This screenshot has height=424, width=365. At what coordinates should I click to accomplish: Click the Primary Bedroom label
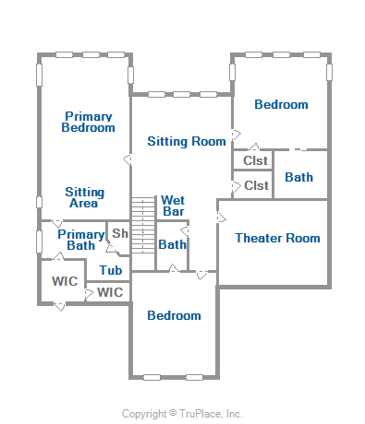tap(88, 122)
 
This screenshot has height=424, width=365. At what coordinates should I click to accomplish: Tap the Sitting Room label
tap(187, 141)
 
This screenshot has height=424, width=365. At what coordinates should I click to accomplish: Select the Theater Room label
tap(277, 238)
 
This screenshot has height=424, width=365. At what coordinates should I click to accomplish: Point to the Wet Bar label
tap(173, 206)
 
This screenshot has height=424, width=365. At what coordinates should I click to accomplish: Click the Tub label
tap(111, 270)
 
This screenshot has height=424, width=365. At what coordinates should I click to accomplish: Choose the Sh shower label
tap(120, 233)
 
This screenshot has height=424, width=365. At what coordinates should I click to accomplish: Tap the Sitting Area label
tap(84, 197)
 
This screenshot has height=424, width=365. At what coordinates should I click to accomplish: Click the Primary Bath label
tap(81, 240)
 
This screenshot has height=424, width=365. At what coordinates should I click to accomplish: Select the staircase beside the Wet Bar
tap(143, 225)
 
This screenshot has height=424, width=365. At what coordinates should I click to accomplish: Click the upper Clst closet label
tap(255, 160)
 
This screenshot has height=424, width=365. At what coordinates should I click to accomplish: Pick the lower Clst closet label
tap(256, 185)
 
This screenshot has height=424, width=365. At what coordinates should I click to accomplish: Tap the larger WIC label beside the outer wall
tap(65, 281)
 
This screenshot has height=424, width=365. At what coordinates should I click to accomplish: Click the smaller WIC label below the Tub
tap(110, 292)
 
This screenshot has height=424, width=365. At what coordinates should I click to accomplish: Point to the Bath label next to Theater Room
tap(298, 177)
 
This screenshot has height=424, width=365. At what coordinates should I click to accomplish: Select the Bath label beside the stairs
tap(172, 244)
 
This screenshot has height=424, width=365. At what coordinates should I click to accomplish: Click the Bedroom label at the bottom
tap(174, 315)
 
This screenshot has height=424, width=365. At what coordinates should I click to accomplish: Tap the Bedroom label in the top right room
tap(281, 104)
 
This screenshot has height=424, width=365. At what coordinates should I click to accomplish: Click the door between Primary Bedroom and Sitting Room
tap(128, 160)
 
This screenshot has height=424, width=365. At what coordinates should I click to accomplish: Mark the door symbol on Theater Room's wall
tap(221, 218)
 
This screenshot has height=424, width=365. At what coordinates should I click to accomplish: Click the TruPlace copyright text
tap(182, 414)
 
